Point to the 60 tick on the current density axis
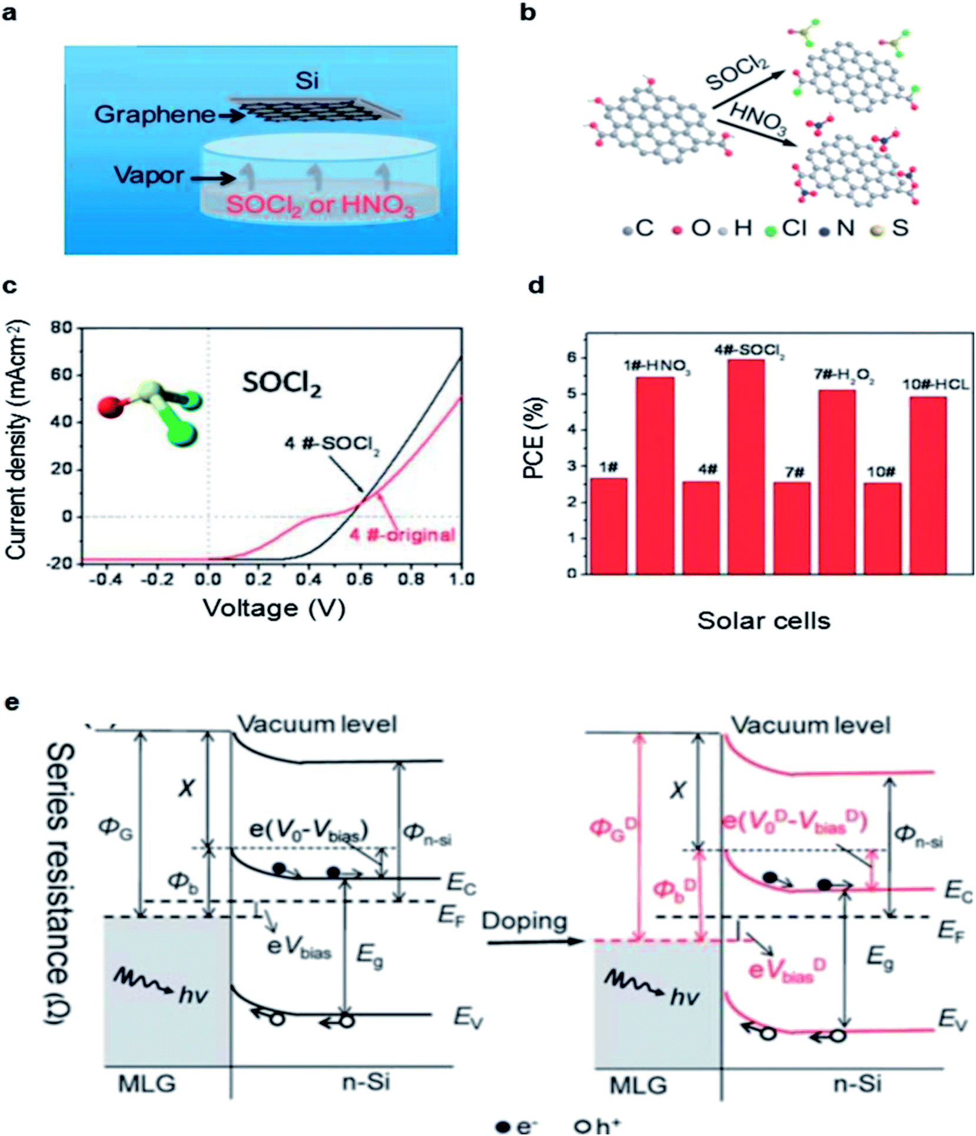click(x=61, y=375)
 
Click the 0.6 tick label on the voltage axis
click(x=359, y=579)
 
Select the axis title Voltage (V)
click(x=274, y=608)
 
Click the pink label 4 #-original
click(x=403, y=535)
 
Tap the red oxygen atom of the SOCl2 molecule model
click(x=110, y=406)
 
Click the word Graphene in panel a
click(x=155, y=114)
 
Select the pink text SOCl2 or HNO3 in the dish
click(x=320, y=206)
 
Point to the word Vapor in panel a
click(x=149, y=175)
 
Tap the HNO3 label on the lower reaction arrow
click(x=758, y=118)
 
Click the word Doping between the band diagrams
click(x=524, y=920)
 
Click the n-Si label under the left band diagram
click(x=366, y=1082)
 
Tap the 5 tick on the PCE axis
click(x=572, y=393)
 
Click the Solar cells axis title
click(x=763, y=621)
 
